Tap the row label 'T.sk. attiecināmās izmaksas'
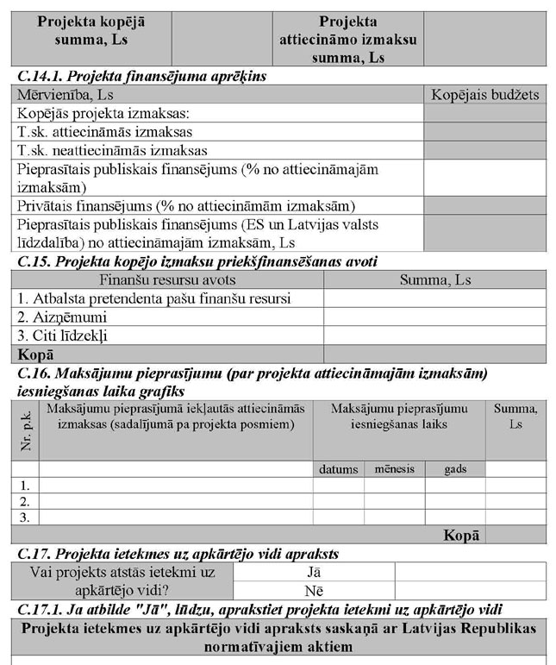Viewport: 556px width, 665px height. pyautogui.click(x=104, y=132)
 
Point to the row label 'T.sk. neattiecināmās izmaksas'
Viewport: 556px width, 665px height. pyautogui.click(x=112, y=150)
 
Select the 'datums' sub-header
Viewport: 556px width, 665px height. pyautogui.click(x=338, y=469)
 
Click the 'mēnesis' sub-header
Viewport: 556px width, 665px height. pyautogui.click(x=394, y=469)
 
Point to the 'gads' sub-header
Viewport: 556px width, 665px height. pyautogui.click(x=455, y=469)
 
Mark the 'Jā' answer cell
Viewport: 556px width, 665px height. pyautogui.click(x=314, y=571)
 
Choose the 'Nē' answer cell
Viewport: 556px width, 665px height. pyautogui.click(x=314, y=590)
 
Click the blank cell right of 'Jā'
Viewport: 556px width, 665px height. pyautogui.click(x=471, y=571)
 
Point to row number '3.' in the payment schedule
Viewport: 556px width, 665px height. pyautogui.click(x=25, y=518)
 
